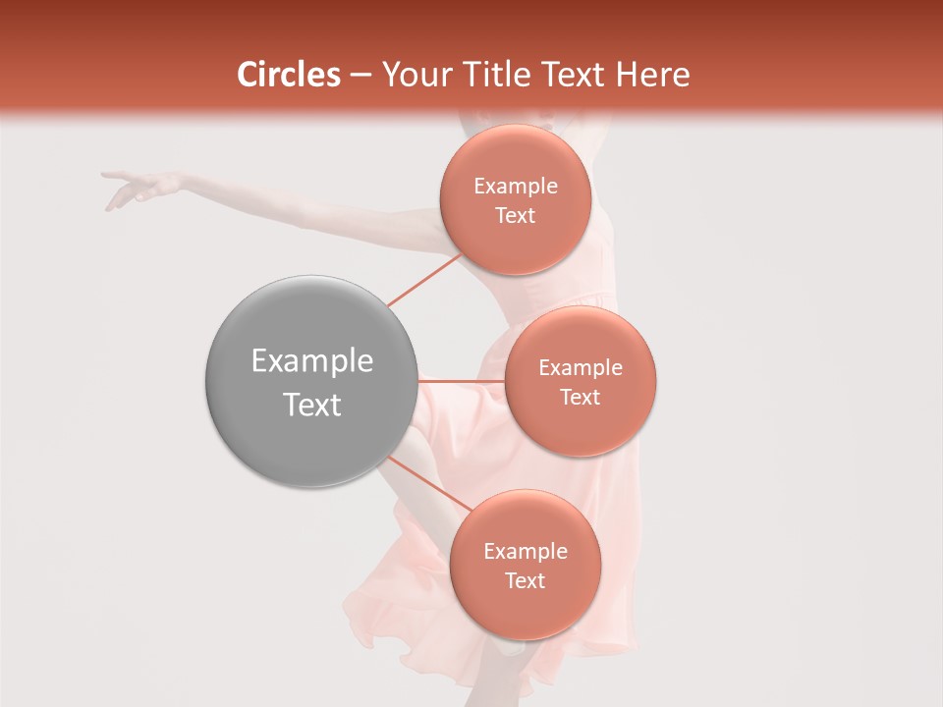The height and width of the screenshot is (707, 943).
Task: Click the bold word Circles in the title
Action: (x=289, y=75)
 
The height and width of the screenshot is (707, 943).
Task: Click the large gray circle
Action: (x=310, y=381)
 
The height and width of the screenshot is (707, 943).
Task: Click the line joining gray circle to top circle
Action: (x=424, y=280)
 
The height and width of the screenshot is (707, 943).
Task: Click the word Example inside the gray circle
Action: (x=312, y=361)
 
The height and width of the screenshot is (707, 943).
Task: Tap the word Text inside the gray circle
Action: (x=312, y=405)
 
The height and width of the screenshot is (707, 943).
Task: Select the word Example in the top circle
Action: (x=515, y=187)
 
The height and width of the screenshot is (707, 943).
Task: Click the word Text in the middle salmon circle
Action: (x=580, y=397)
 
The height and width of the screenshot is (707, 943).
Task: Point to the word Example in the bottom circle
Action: (x=525, y=552)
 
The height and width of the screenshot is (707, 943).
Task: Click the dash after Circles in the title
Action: (x=361, y=76)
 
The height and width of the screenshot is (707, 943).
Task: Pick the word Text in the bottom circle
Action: (x=525, y=580)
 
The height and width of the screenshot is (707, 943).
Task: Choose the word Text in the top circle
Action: (x=515, y=215)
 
